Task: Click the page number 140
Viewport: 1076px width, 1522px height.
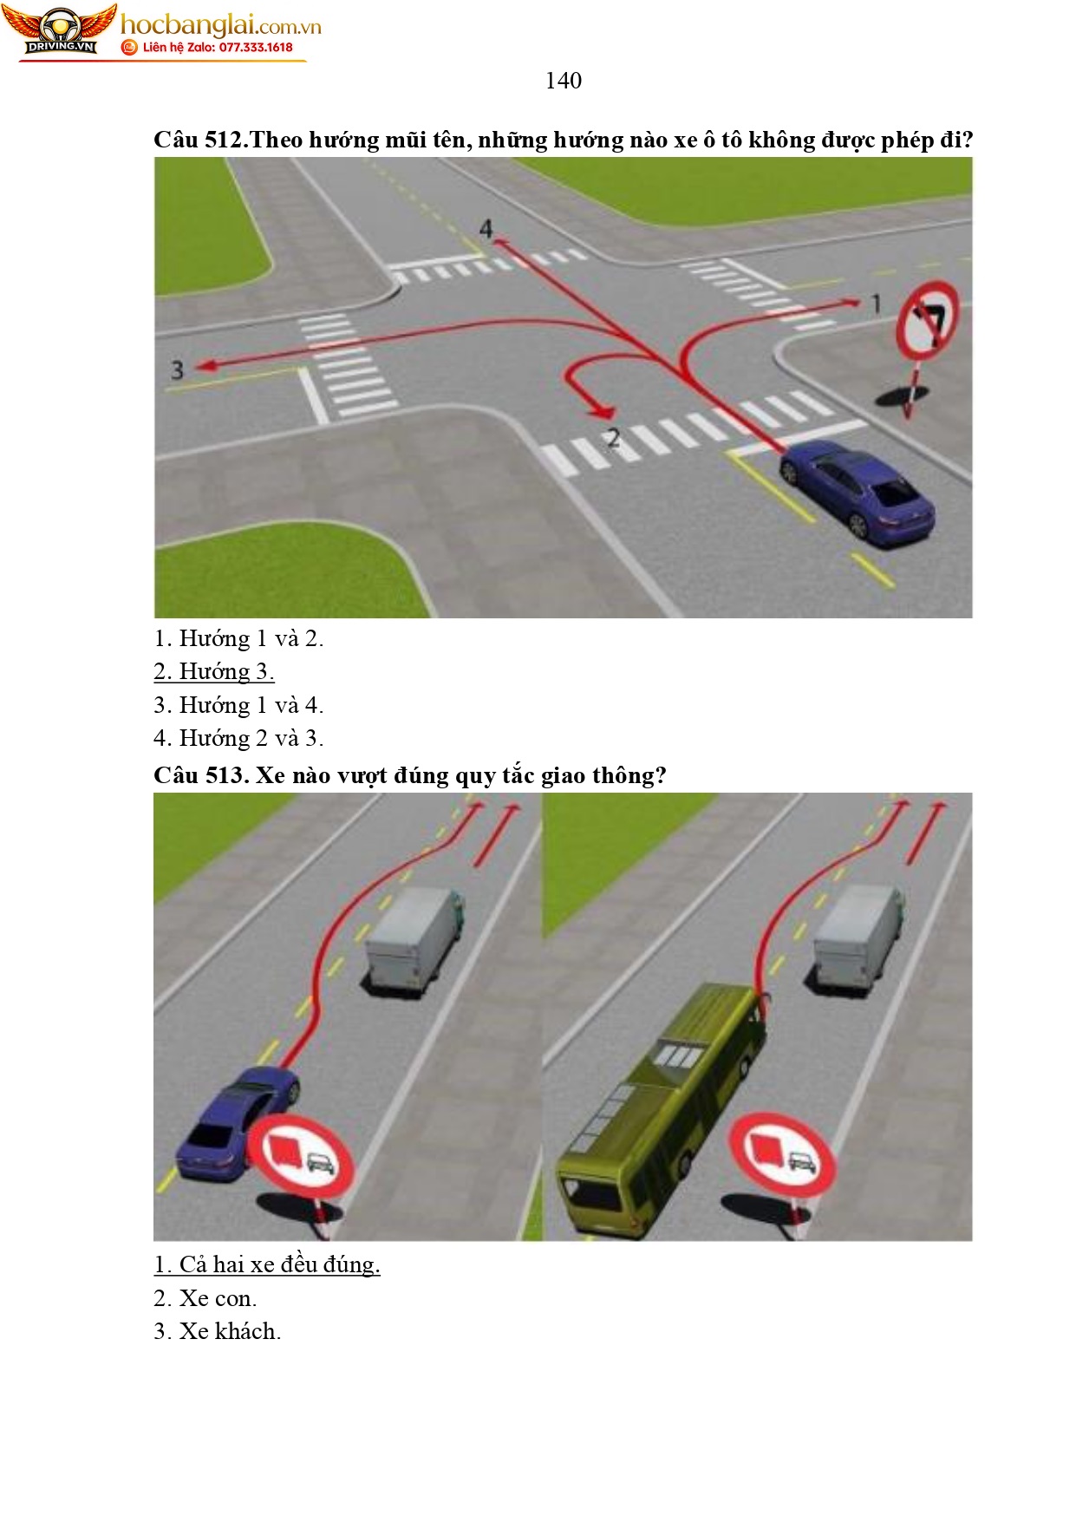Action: (563, 81)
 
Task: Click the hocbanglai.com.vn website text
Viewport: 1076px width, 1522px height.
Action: (220, 25)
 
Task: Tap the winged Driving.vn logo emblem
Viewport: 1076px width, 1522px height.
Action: (59, 30)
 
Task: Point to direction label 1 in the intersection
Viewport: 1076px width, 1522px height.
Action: (876, 304)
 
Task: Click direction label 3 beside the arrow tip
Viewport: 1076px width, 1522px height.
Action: (178, 370)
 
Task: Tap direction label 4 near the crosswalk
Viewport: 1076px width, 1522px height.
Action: (486, 229)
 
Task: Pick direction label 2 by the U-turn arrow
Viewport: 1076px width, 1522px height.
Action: (613, 439)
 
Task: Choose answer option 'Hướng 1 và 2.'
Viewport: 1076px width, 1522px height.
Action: (238, 639)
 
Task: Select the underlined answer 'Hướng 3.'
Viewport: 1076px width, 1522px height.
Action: (214, 672)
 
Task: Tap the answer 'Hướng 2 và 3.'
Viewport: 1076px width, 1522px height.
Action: (238, 739)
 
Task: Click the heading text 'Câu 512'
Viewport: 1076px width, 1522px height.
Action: (198, 140)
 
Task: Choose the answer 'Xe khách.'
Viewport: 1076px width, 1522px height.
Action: (218, 1331)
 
